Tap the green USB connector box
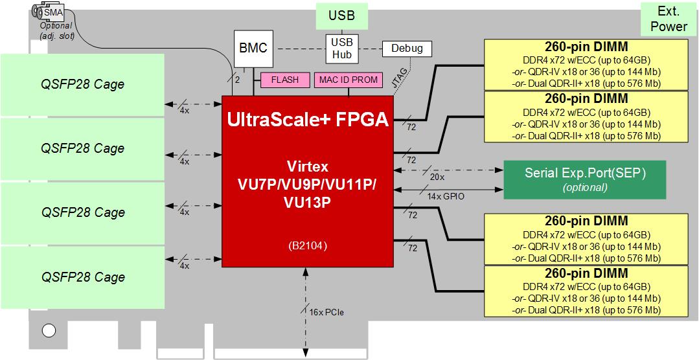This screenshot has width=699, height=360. tap(342, 16)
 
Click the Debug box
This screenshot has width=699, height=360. tap(407, 49)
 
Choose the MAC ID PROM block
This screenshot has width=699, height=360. tap(349, 80)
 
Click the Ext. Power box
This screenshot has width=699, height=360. tap(669, 19)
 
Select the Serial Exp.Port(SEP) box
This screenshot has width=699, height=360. tap(585, 179)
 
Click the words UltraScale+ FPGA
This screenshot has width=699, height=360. tap(308, 119)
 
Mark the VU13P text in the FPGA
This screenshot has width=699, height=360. tap(308, 202)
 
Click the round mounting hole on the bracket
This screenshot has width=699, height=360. tap(49, 330)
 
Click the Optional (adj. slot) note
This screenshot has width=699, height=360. tap(56, 30)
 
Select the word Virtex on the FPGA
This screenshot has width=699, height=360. tap(308, 168)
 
